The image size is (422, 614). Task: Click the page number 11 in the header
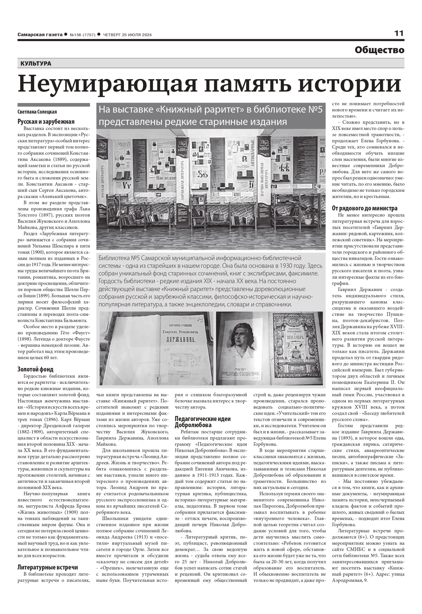[x=399, y=34]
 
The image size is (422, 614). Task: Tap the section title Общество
[x=379, y=50]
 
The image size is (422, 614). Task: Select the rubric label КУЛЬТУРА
[x=36, y=64]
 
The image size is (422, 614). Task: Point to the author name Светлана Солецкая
[x=37, y=112]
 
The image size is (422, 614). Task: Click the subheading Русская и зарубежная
[x=46, y=122]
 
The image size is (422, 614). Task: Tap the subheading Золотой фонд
[x=35, y=369]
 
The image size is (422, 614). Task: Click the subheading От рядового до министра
[x=365, y=208]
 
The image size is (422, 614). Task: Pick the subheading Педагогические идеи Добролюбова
[x=202, y=422]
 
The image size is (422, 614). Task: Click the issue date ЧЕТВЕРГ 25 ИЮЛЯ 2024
[x=127, y=35]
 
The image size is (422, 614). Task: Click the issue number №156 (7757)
[x=82, y=35]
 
